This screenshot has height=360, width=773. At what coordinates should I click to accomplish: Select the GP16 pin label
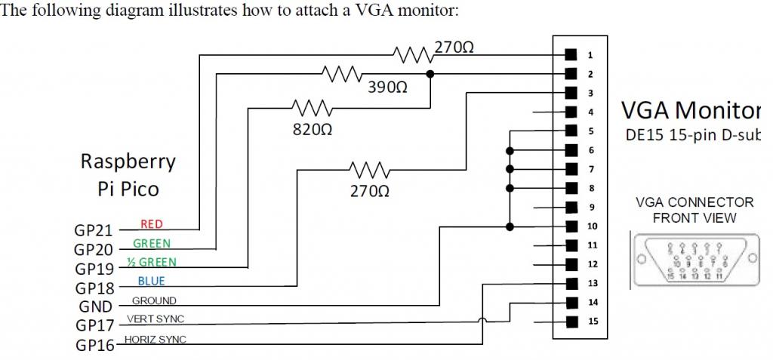click(x=94, y=345)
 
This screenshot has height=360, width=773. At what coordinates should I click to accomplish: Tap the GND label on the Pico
click(x=95, y=306)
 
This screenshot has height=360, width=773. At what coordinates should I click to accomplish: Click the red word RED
click(x=152, y=224)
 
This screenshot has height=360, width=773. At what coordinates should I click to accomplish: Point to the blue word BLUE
click(x=151, y=282)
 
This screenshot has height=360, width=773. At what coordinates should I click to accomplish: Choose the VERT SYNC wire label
click(x=156, y=318)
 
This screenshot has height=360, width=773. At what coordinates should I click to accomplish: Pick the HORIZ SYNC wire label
click(x=156, y=340)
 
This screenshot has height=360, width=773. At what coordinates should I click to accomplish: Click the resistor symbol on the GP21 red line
click(x=411, y=54)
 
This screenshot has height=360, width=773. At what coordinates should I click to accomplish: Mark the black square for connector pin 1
click(x=571, y=55)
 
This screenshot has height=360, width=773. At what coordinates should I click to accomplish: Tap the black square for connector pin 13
click(x=571, y=284)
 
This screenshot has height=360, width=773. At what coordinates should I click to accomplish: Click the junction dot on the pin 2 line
click(x=430, y=74)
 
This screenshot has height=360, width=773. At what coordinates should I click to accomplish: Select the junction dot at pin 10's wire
click(x=510, y=226)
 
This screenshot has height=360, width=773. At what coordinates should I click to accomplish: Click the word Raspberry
click(x=128, y=161)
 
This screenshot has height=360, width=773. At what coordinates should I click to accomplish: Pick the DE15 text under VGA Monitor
click(x=641, y=137)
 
